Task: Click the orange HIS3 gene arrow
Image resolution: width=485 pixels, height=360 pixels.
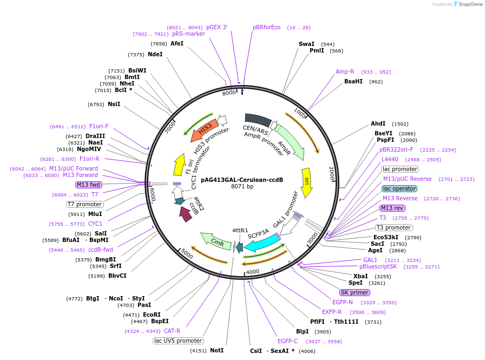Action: tap(204, 129)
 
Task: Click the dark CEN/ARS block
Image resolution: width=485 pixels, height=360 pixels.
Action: tap(258, 120)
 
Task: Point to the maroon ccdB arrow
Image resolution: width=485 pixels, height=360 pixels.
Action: tap(186, 214)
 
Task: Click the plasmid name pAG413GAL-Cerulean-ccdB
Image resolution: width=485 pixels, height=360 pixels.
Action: tap(242, 179)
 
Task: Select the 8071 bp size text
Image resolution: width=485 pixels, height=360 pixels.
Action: tap(242, 187)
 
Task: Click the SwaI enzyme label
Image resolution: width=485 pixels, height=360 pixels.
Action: tap(306, 44)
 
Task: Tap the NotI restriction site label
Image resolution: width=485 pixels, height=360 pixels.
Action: tap(217, 350)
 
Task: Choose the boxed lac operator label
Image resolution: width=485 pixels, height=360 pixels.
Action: tap(399, 188)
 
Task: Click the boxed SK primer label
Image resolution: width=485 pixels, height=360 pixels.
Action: tap(355, 292)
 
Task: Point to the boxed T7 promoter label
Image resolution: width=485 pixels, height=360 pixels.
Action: tap(84, 204)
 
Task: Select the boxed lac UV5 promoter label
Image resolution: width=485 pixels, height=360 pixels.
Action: tap(178, 341)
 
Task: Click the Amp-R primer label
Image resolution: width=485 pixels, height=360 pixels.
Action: tap(345, 71)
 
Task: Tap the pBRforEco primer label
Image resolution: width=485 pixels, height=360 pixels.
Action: tap(266, 27)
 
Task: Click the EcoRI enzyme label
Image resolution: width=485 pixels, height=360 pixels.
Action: tap(152, 315)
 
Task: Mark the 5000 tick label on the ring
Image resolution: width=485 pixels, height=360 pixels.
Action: tap(186, 253)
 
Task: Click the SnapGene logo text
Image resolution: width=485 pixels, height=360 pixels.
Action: tap(468, 4)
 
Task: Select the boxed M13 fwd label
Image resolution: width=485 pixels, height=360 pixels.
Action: tap(88, 185)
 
